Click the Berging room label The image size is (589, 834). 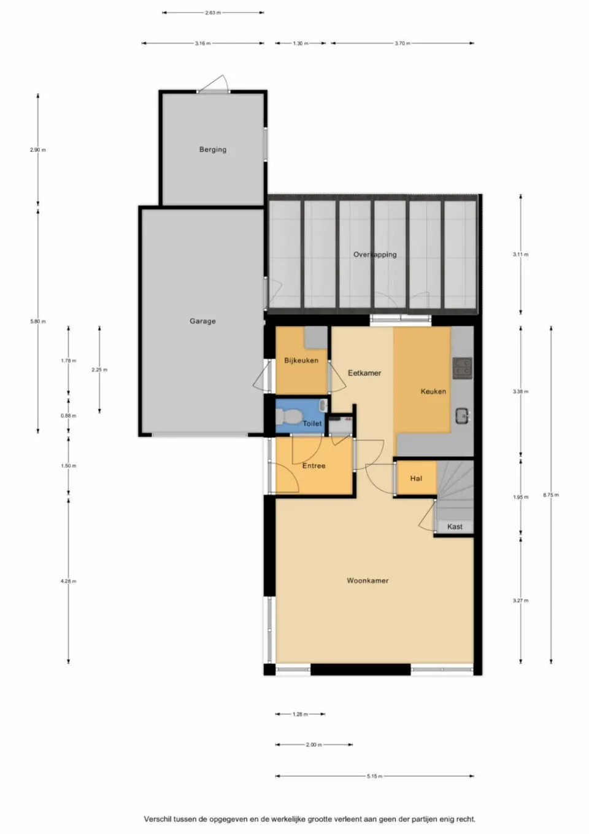212,149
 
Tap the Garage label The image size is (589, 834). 202,321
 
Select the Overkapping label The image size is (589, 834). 375,254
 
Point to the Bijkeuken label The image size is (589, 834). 301,360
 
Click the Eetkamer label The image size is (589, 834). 364,373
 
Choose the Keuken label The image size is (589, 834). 433,391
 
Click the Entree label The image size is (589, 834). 314,466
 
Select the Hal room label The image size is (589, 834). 416,478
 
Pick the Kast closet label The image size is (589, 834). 455,526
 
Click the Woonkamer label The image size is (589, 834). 368,580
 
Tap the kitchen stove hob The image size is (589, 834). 462,367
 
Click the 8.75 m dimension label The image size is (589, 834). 551,495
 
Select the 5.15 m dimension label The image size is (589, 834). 374,776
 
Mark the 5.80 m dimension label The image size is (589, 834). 38,321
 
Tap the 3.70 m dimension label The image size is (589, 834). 402,44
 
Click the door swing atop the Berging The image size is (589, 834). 217,84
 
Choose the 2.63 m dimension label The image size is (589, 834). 213,12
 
